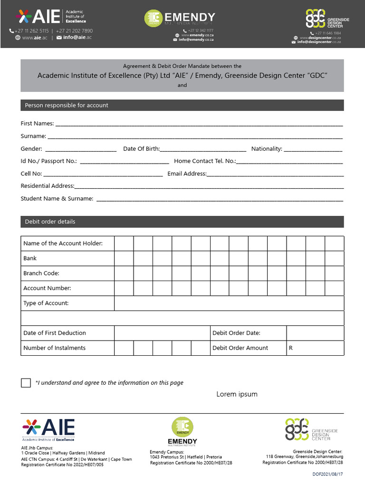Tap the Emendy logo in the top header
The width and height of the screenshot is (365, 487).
tap(180, 19)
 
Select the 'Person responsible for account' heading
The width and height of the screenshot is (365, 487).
tap(67, 105)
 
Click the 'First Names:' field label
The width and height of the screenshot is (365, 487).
tap(37, 124)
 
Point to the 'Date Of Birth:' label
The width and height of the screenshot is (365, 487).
tap(141, 149)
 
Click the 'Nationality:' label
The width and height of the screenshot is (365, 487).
tap(267, 149)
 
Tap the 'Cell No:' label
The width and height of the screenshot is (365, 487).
tap(31, 174)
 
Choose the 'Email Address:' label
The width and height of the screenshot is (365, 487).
tap(187, 174)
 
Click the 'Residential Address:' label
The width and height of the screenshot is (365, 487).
tap(48, 186)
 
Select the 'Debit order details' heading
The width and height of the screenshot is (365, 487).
tap(50, 222)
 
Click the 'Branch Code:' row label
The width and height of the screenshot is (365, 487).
tap(41, 273)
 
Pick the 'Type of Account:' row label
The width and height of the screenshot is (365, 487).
tap(46, 303)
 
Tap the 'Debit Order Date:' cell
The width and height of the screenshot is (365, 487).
tap(236, 333)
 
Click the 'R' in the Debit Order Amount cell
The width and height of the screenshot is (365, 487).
tap(291, 348)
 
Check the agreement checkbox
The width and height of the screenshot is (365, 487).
tap(26, 383)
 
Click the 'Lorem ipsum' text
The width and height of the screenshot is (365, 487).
tap(237, 394)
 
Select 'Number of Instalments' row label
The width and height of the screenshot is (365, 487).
tap(54, 348)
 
